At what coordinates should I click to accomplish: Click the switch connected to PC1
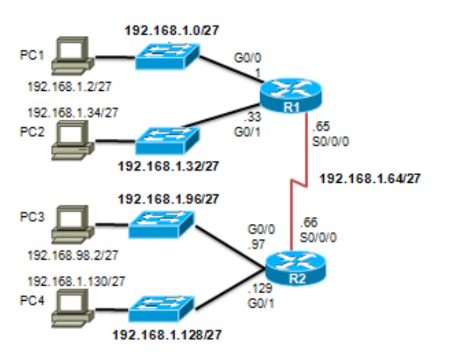point(166,56)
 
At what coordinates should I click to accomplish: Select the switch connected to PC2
point(166,141)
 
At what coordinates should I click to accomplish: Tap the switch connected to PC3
point(161,224)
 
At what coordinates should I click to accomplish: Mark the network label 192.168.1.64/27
point(369,178)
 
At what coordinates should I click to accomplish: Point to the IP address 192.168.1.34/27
point(72,112)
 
